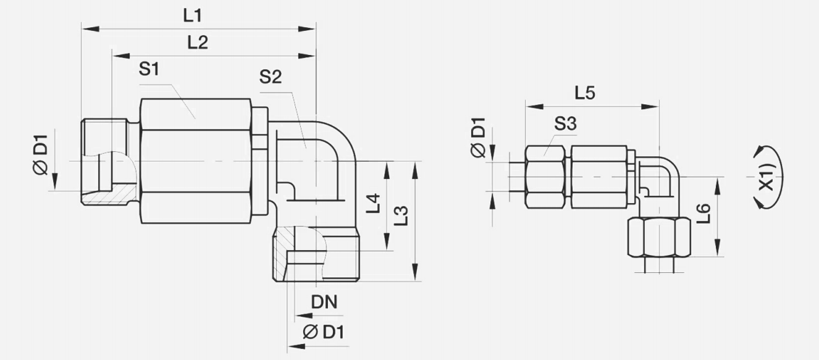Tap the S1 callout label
tap(149, 70)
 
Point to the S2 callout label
tap(270, 77)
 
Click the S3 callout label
tap(565, 123)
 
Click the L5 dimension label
tap(584, 94)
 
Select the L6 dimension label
tap(705, 214)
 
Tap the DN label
tap(324, 302)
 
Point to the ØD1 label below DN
tap(324, 332)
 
